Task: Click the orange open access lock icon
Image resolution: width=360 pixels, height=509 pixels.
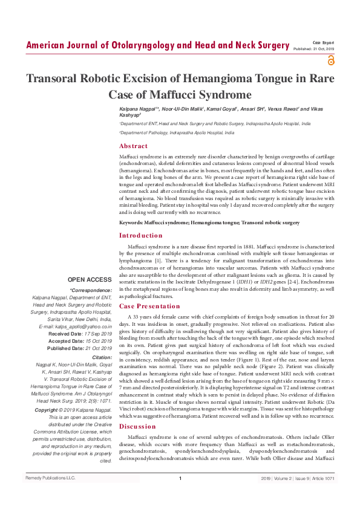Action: pos(330,60)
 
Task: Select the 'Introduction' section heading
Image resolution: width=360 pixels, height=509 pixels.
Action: pos(141,235)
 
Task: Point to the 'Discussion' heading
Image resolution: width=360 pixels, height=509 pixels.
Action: pos(137,426)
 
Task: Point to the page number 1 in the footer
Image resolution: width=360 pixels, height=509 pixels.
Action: pos(180,496)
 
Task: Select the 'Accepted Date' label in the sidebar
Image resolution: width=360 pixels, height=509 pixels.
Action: pos(66,341)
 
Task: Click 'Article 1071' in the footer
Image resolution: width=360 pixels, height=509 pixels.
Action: pos(324,496)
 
